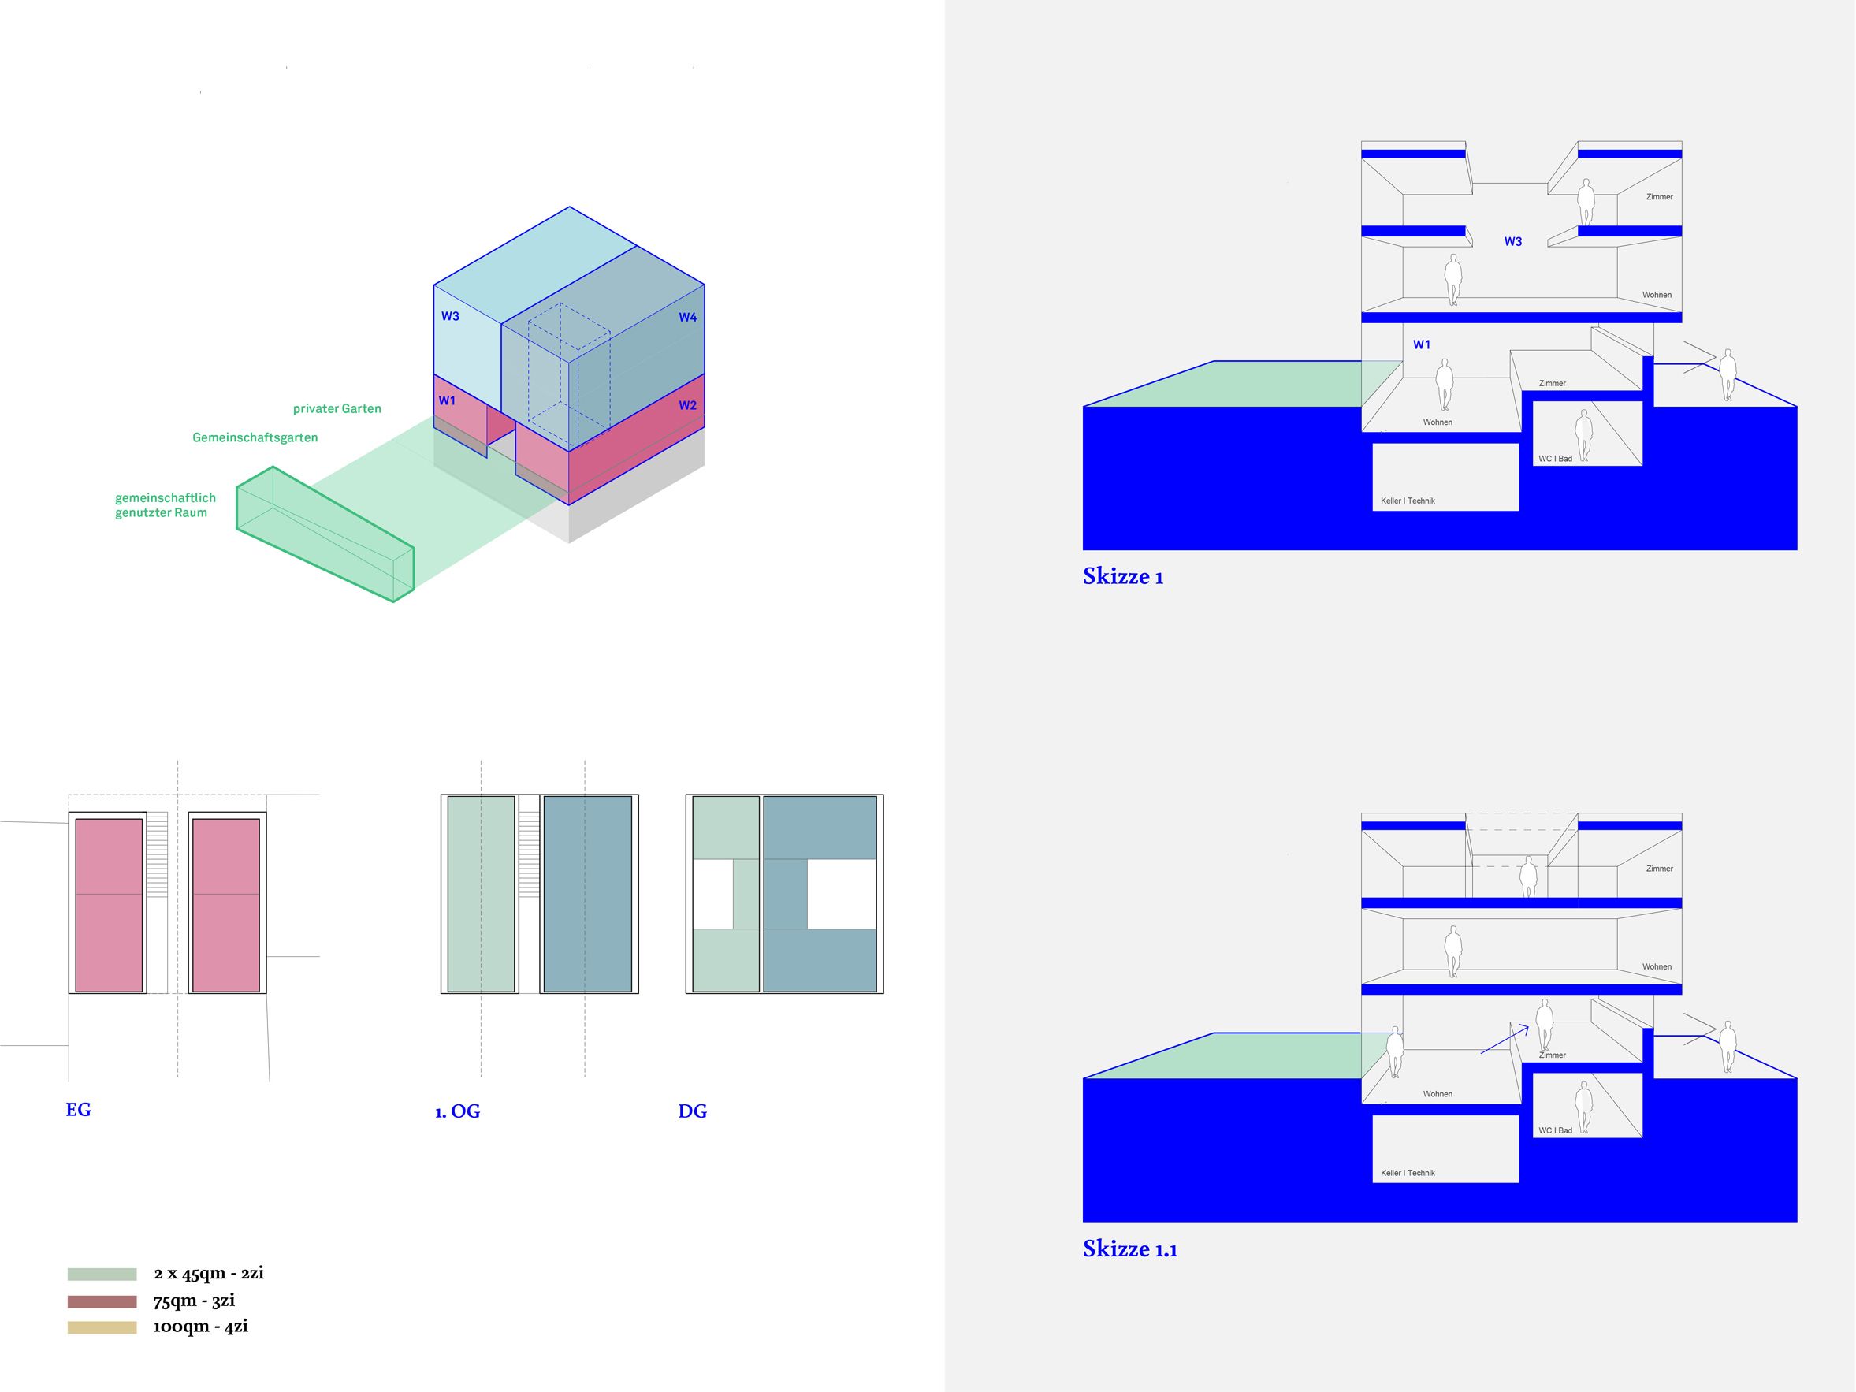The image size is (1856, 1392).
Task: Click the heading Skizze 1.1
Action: pyautogui.click(x=1129, y=1249)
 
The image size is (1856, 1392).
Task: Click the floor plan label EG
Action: pyautogui.click(x=78, y=1109)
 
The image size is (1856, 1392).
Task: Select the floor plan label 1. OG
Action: pyautogui.click(x=457, y=1111)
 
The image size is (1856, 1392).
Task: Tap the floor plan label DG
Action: pyautogui.click(x=692, y=1111)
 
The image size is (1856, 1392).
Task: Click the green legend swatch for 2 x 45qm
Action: pyautogui.click(x=102, y=1274)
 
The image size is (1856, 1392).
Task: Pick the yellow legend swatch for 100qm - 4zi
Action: pyautogui.click(x=102, y=1327)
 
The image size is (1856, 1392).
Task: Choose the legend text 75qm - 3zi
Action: pyautogui.click(x=194, y=1301)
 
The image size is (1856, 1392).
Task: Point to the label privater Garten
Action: pyautogui.click(x=337, y=408)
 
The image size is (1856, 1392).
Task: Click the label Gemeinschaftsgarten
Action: pyautogui.click(x=255, y=437)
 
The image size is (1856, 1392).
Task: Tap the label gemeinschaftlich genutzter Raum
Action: pyautogui.click(x=165, y=505)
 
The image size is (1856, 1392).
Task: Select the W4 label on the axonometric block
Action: pyautogui.click(x=687, y=317)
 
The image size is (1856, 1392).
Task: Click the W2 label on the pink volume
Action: pyautogui.click(x=687, y=405)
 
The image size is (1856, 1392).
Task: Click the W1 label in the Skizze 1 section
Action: pyautogui.click(x=1422, y=344)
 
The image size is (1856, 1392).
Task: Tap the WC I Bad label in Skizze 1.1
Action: pyautogui.click(x=1555, y=1130)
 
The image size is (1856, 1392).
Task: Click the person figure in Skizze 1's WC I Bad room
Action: pyautogui.click(x=1583, y=434)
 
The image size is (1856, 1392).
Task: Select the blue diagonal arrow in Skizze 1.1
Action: pyautogui.click(x=1505, y=1041)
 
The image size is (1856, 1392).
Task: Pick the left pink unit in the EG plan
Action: pyautogui.click(x=109, y=905)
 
